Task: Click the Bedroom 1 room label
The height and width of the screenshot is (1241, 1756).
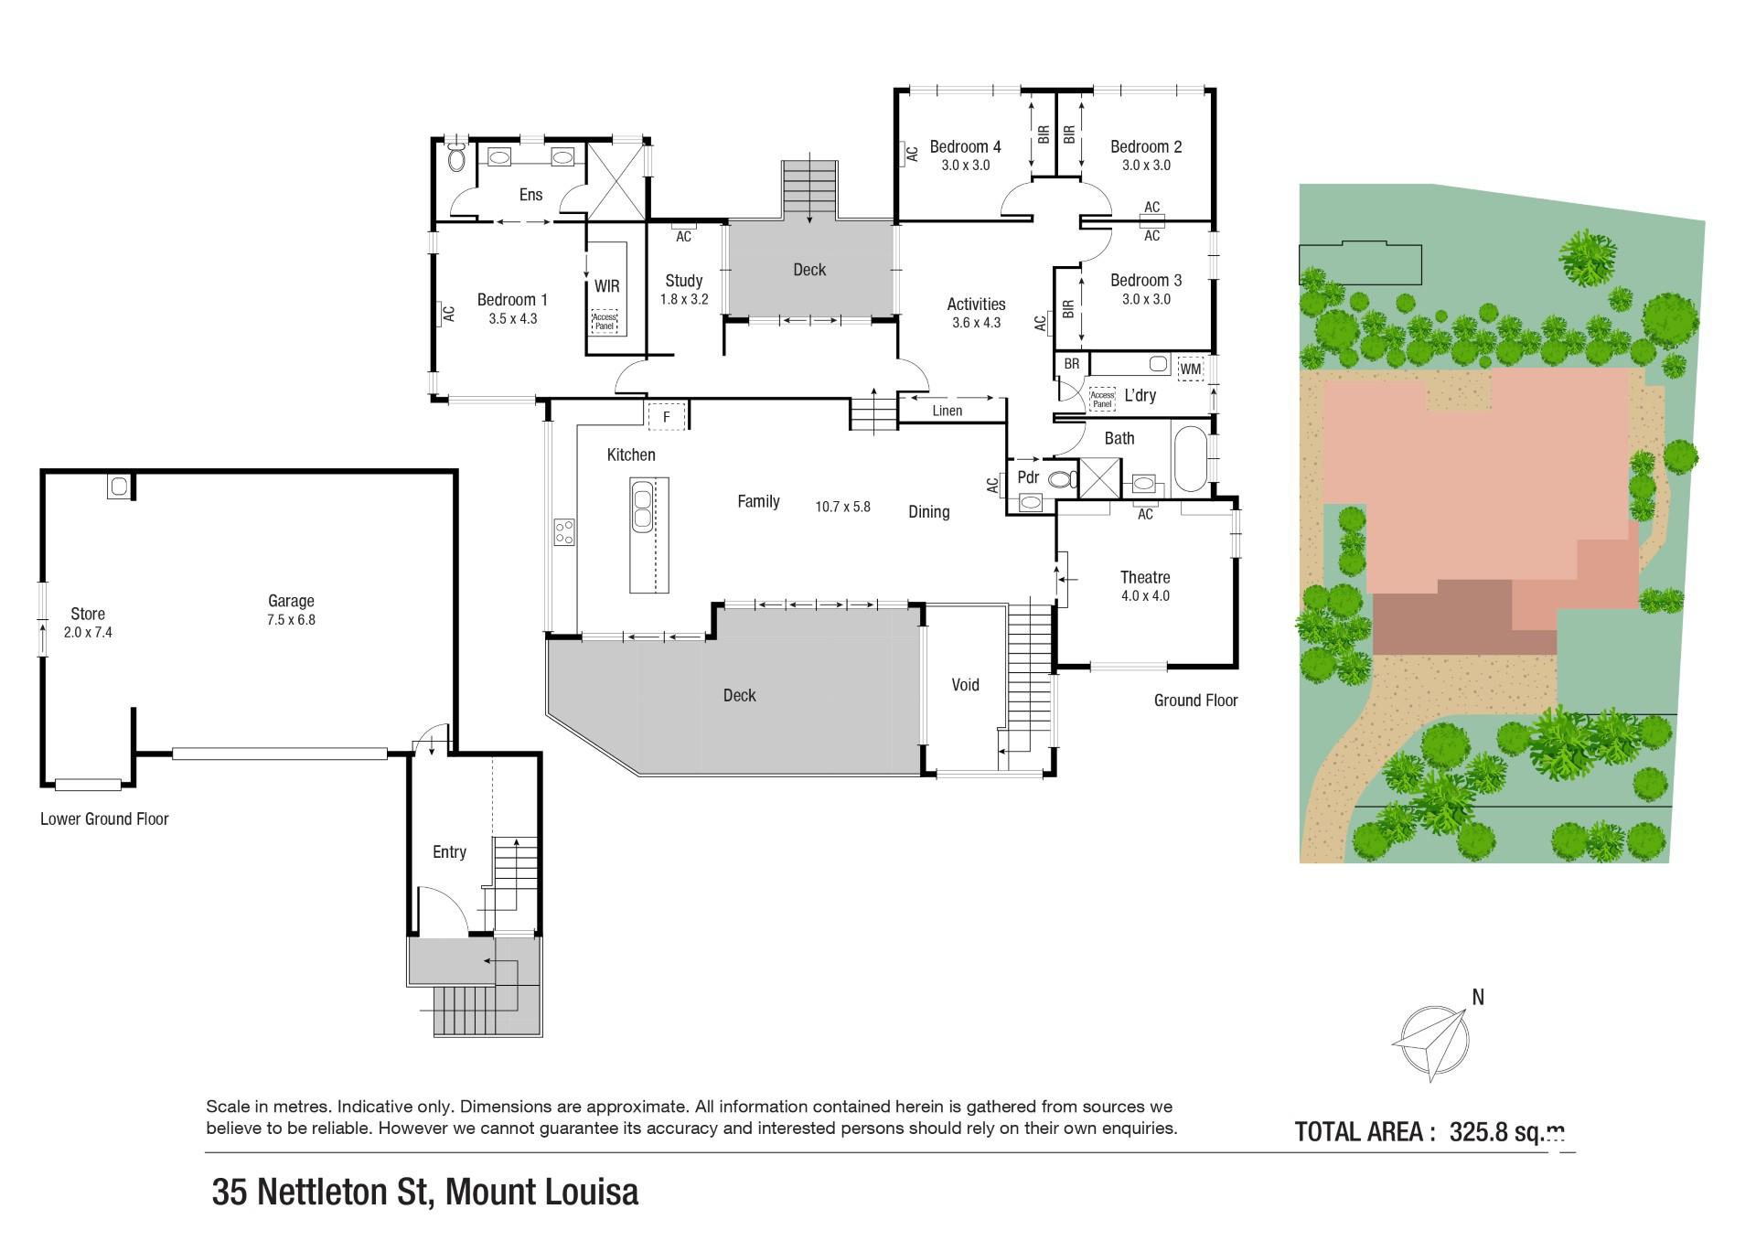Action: click(512, 308)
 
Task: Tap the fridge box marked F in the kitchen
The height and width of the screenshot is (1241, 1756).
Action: click(667, 417)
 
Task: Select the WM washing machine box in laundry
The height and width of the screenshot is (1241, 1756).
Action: click(1190, 369)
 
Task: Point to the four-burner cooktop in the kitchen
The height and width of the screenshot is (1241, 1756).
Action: click(563, 531)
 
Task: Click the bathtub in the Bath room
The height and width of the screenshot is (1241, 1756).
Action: click(1189, 457)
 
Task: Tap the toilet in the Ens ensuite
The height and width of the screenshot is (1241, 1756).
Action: click(457, 161)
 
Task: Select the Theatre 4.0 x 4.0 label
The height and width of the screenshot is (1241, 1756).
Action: click(1145, 585)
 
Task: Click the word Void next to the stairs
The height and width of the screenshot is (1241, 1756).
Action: click(965, 685)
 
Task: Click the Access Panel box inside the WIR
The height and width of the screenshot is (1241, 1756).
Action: click(604, 322)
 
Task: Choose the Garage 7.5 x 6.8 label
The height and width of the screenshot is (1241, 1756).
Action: click(291, 609)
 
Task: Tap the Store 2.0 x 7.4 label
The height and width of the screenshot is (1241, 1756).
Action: click(88, 622)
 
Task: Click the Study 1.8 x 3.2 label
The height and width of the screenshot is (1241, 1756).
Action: click(683, 289)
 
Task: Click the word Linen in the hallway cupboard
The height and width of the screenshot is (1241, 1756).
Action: click(947, 411)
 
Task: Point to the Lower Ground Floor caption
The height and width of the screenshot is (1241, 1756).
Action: click(104, 819)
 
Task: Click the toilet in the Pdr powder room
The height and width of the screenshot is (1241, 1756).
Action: click(1061, 479)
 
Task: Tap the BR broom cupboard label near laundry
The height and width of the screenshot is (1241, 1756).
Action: click(1071, 364)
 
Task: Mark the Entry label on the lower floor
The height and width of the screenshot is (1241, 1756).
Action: click(449, 852)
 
